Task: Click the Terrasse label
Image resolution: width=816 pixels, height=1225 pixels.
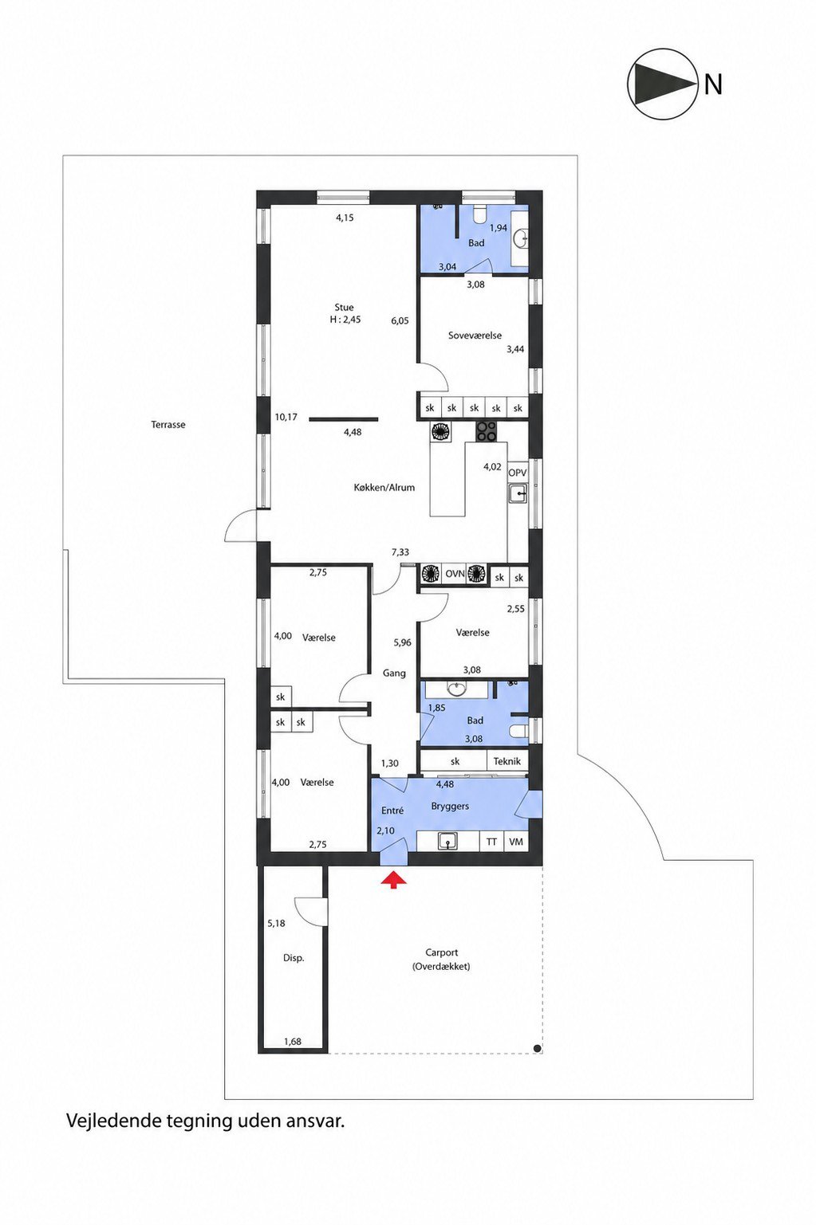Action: tap(168, 424)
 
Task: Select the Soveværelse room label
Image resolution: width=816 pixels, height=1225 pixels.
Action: tap(475, 336)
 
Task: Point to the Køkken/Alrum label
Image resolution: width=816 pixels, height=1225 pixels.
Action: tap(384, 488)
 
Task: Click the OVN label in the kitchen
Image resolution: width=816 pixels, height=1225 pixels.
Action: tap(455, 574)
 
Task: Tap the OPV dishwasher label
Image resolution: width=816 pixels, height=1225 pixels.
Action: tap(518, 472)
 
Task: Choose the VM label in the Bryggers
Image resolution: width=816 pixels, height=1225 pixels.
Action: tap(515, 842)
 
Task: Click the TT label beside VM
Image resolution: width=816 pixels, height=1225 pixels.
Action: tap(491, 842)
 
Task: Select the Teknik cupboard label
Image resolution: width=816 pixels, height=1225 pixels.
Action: tap(507, 760)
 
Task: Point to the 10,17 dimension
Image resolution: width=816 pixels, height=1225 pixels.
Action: tap(286, 417)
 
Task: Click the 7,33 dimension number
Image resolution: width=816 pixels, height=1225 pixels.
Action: tap(400, 552)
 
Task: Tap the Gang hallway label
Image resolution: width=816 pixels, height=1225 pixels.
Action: tap(394, 673)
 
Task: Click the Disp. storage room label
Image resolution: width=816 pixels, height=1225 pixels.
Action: tap(294, 958)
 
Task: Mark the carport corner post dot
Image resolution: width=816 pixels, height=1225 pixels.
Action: tap(538, 1048)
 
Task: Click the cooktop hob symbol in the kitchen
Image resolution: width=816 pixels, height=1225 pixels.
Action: tap(486, 431)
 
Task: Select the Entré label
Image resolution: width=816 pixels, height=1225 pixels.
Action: tap(392, 811)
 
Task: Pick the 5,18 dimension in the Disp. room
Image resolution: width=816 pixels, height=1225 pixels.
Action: tap(276, 923)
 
